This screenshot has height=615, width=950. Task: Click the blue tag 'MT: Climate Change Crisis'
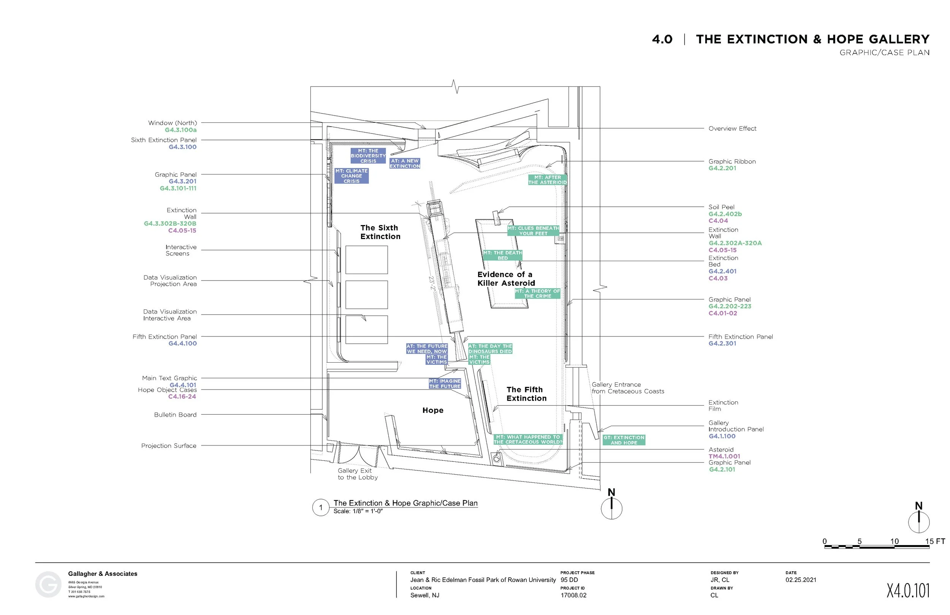point(351,176)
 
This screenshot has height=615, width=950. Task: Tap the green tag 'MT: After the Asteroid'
point(547,180)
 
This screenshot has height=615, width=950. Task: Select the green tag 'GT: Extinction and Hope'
point(624,440)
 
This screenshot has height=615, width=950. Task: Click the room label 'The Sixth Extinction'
point(380,232)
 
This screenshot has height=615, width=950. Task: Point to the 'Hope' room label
point(433,410)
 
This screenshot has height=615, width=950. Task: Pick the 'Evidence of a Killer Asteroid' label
point(506,279)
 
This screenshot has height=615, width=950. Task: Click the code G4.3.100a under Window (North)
point(180,130)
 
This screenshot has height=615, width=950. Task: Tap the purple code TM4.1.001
point(724,456)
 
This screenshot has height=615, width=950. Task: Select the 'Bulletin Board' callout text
point(175,415)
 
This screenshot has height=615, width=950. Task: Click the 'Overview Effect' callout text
point(732,128)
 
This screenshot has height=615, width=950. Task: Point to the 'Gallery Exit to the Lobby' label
point(357,474)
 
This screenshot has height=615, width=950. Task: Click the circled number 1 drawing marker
point(320,507)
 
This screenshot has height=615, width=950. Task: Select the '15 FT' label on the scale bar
point(935,541)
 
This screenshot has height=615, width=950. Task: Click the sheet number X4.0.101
point(908,591)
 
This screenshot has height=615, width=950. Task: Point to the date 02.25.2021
point(801,580)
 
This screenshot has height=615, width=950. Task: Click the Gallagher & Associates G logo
point(48,585)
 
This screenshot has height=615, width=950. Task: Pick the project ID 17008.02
point(573,595)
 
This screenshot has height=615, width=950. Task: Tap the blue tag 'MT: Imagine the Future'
point(445,384)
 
